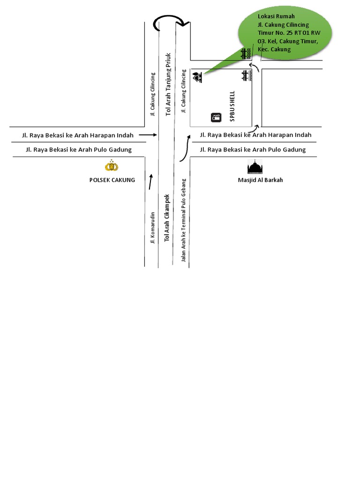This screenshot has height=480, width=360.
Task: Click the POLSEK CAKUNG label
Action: tap(112, 180)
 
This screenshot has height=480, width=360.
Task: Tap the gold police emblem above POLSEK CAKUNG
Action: tap(112, 166)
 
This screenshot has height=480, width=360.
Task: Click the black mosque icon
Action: tap(255, 167)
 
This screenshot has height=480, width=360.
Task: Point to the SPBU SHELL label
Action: tap(232, 106)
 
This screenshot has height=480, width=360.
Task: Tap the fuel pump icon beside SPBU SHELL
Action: tap(216, 117)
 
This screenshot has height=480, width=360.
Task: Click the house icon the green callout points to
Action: tap(198, 77)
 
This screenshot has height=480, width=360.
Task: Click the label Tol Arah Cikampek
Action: tap(166, 218)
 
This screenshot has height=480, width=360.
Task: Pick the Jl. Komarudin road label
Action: tap(152, 228)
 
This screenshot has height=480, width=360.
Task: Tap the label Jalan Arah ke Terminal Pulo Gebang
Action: tap(184, 220)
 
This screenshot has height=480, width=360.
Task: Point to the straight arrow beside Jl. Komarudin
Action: tap(150, 181)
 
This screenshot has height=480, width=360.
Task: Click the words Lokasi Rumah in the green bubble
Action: tap(276, 16)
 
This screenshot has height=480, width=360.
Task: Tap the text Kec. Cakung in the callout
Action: tap(274, 49)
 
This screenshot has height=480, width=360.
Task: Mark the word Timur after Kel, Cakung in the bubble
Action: tap(310, 41)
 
